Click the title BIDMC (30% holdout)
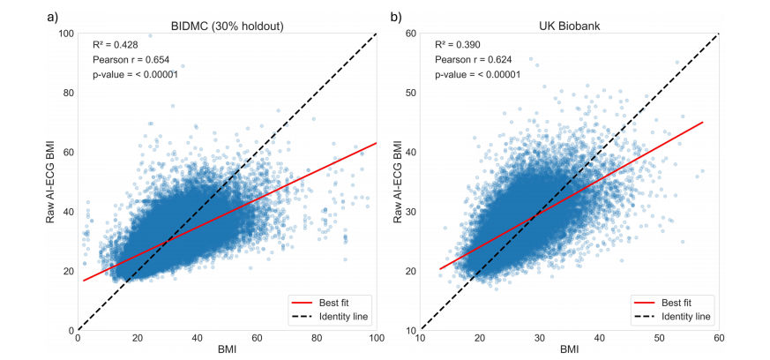pos(228,24)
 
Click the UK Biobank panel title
pos(570,24)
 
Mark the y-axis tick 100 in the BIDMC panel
pos(65,34)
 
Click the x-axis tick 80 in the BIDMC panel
pos(318,338)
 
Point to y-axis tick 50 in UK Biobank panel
pos(410,93)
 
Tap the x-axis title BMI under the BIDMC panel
pos(228,350)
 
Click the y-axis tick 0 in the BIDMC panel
pos(71,330)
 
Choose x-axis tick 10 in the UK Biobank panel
pos(421,338)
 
